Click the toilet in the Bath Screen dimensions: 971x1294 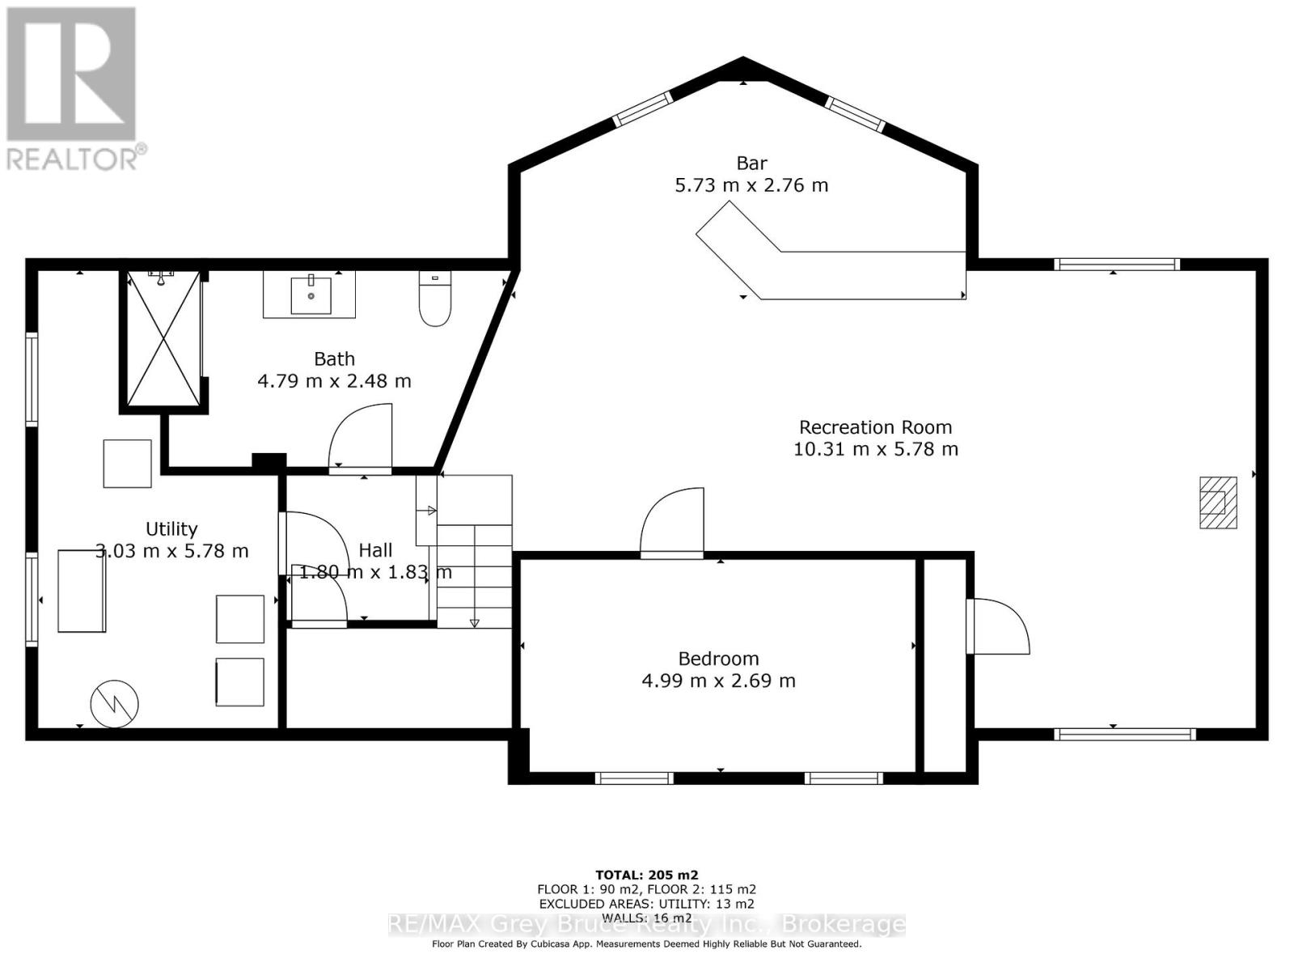click(x=435, y=299)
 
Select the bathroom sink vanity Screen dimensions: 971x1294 click(x=309, y=295)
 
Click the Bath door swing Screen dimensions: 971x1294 click(x=362, y=437)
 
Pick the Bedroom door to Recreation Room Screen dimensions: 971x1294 click(x=672, y=523)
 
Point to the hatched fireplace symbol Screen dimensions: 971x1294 click(x=1218, y=502)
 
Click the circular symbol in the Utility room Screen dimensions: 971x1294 click(x=115, y=703)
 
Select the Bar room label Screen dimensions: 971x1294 click(x=751, y=163)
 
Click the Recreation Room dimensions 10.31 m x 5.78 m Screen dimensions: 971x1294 click(x=875, y=449)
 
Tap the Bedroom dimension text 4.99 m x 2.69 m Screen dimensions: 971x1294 click(x=718, y=681)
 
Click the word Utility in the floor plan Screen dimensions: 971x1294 click(x=171, y=528)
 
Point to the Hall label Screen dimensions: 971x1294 click(x=375, y=550)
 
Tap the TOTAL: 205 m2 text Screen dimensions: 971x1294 click(x=646, y=875)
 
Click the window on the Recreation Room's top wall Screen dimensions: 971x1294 click(x=1116, y=264)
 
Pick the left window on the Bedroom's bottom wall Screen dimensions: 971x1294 click(x=634, y=778)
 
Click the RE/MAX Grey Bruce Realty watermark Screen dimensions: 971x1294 click(x=646, y=924)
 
